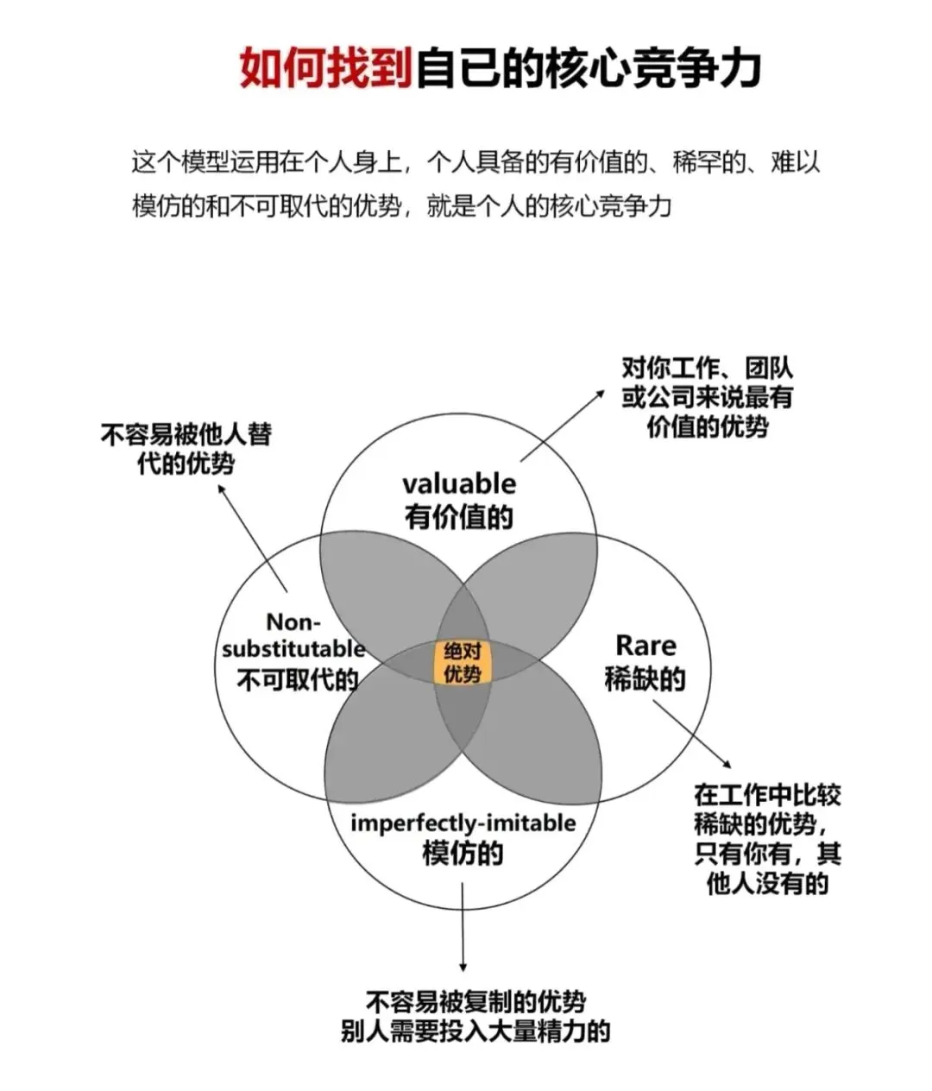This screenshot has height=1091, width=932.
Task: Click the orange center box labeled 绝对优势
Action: coord(462,662)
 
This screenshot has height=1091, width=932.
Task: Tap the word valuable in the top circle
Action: coord(458,484)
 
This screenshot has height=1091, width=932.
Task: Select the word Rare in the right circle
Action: coord(645,646)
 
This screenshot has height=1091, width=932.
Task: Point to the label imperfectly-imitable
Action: coord(463,823)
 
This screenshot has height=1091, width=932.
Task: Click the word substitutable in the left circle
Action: coord(293,648)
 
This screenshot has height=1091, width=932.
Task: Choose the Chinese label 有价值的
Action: coord(458,517)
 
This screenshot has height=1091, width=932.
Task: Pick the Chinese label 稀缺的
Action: coord(645,679)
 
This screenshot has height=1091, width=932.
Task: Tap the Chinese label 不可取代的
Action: coord(297,679)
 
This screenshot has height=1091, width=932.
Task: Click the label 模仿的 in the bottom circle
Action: coord(463,854)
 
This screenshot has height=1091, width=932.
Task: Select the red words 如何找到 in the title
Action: coord(326,67)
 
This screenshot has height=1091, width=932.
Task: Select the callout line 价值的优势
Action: coord(707,426)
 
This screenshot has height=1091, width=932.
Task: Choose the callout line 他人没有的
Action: coord(766,884)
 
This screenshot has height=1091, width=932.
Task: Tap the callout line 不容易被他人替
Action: coord(186,433)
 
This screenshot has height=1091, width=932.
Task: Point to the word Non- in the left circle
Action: coord(293,622)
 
